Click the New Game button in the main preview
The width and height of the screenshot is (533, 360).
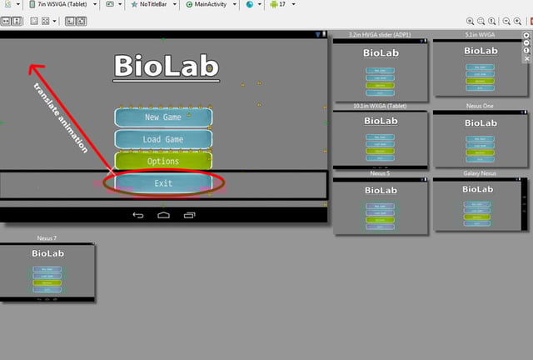pos(163,117)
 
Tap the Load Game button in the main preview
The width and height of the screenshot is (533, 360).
pos(163,139)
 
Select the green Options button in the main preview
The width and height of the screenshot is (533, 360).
pos(163,161)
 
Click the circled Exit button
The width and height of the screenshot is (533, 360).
pos(163,183)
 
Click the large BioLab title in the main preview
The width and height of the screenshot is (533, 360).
pos(166,66)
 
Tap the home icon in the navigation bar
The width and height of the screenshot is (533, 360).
pos(163,216)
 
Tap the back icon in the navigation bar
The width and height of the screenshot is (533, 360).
pos(138,216)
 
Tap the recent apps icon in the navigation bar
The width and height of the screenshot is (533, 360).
pos(189,216)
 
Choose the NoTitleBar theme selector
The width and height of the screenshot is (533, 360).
pos(154,4)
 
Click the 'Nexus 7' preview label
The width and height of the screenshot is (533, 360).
pos(47,238)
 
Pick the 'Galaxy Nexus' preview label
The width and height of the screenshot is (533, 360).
pos(481,173)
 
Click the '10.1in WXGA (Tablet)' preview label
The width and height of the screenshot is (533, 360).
pos(380,106)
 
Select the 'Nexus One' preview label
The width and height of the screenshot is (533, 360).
pos(481,106)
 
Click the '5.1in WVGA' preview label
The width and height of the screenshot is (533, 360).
pos(481,35)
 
